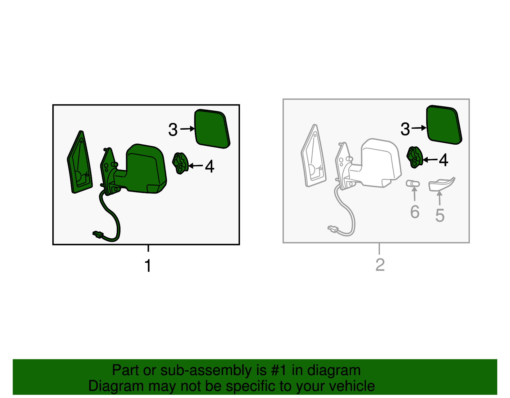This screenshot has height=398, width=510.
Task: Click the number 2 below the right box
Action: (x=380, y=265)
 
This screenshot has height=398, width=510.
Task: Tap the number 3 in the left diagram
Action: (x=173, y=129)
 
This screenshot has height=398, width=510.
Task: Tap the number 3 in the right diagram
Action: (x=405, y=129)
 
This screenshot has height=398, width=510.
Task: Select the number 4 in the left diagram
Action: (x=210, y=166)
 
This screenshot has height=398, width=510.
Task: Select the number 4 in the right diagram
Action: (x=443, y=160)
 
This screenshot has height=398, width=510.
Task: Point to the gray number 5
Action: (x=440, y=215)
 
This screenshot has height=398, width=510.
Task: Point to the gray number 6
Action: (x=415, y=212)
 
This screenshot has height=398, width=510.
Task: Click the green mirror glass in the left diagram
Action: (x=212, y=129)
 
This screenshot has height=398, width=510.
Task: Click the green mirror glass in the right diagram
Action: (x=444, y=125)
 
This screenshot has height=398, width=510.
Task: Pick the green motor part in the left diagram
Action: (x=180, y=163)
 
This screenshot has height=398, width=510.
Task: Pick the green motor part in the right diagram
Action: (x=415, y=157)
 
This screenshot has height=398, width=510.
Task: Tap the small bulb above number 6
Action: (x=412, y=184)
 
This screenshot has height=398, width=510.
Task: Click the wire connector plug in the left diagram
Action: (x=98, y=234)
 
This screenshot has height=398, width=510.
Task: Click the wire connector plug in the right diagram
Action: (x=333, y=229)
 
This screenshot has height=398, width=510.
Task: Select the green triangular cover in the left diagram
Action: (x=80, y=162)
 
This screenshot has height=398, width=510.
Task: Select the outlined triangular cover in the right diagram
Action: (x=314, y=156)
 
